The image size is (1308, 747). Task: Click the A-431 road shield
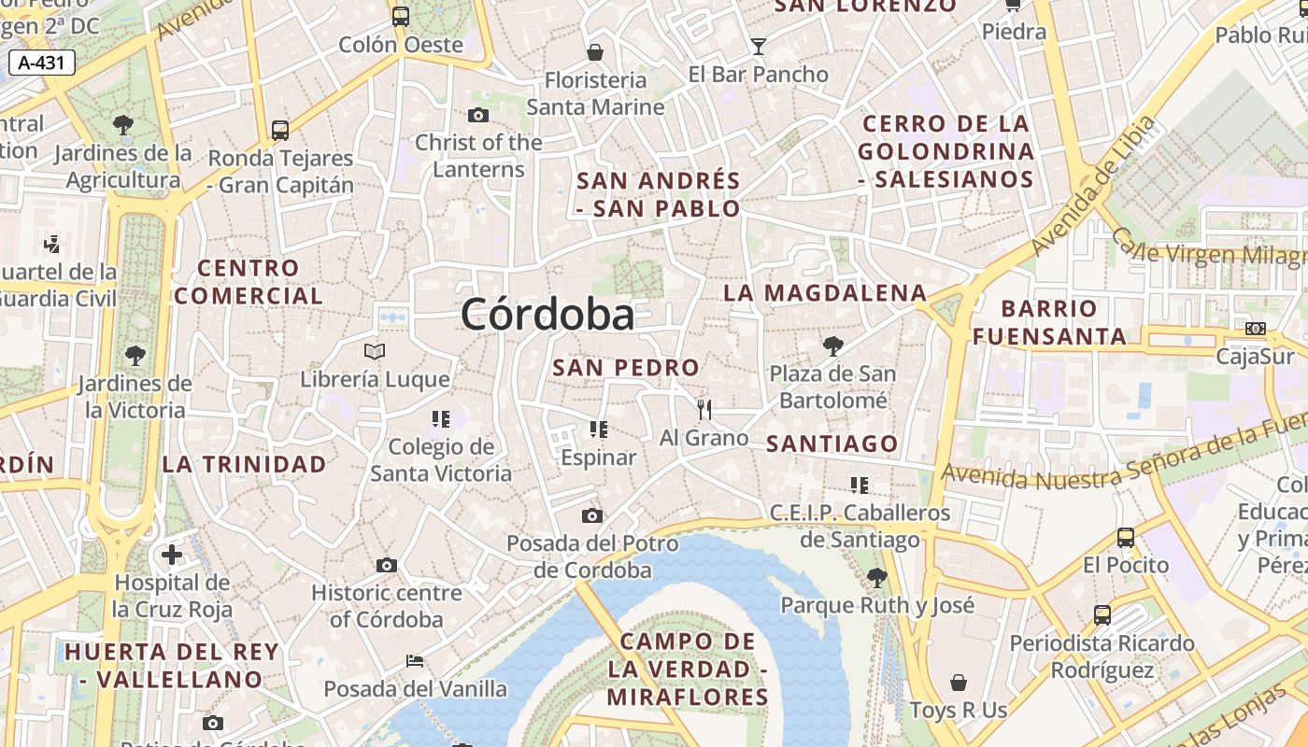pyautogui.click(x=42, y=63)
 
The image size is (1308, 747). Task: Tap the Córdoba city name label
pyautogui.click(x=547, y=315)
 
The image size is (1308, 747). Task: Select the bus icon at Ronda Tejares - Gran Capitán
pyautogui.click(x=280, y=131)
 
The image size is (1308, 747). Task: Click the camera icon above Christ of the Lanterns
pyautogui.click(x=478, y=115)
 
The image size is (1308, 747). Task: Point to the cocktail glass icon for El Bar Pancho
pyautogui.click(x=758, y=46)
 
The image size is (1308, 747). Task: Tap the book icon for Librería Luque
pyautogui.click(x=375, y=352)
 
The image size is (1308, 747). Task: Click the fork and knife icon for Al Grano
pyautogui.click(x=704, y=409)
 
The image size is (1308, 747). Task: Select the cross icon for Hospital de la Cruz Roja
pyautogui.click(x=172, y=555)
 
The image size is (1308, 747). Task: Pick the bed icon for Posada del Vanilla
pyautogui.click(x=415, y=661)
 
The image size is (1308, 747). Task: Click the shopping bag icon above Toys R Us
pyautogui.click(x=958, y=683)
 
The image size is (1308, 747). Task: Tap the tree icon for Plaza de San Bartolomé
pyautogui.click(x=832, y=346)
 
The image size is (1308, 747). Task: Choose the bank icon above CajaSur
pyautogui.click(x=1256, y=329)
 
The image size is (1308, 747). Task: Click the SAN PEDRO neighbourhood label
pyautogui.click(x=626, y=368)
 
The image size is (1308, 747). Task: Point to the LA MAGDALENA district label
pyautogui.click(x=825, y=293)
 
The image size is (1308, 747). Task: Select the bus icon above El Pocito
pyautogui.click(x=1126, y=537)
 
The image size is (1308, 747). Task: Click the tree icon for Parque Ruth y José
pyautogui.click(x=876, y=577)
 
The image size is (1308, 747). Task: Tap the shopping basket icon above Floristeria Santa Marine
pyautogui.click(x=595, y=52)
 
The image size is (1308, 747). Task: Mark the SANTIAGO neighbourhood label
pyautogui.click(x=832, y=444)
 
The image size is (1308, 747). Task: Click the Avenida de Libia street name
pyautogui.click(x=1093, y=187)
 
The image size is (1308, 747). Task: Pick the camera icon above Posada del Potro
pyautogui.click(x=591, y=515)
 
